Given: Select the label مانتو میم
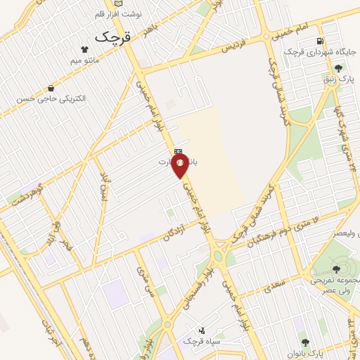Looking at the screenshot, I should [x=84, y=61].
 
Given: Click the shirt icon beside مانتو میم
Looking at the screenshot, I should [x=84, y=49].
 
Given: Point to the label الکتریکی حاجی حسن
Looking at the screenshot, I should [x=51, y=99].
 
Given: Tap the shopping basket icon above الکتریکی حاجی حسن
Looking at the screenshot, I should [x=52, y=88].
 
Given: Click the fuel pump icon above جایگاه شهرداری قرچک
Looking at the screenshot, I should [x=321, y=41].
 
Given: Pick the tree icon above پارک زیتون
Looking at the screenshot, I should [x=338, y=68].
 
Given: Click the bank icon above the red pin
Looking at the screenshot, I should [x=179, y=150].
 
